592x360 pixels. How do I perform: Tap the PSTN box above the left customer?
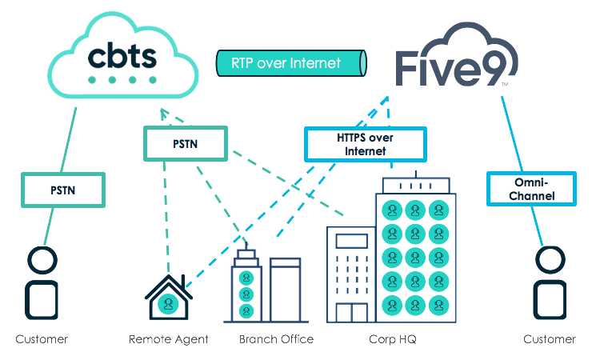coord(63,190)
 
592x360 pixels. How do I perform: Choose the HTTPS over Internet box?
coord(365,145)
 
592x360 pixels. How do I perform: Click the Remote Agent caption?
coord(169,339)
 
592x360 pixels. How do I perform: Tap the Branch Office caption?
coord(276,339)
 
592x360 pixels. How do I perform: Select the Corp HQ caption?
coord(392,339)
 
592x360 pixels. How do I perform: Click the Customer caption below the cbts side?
coord(42,339)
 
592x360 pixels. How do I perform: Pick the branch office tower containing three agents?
coord(246,288)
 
